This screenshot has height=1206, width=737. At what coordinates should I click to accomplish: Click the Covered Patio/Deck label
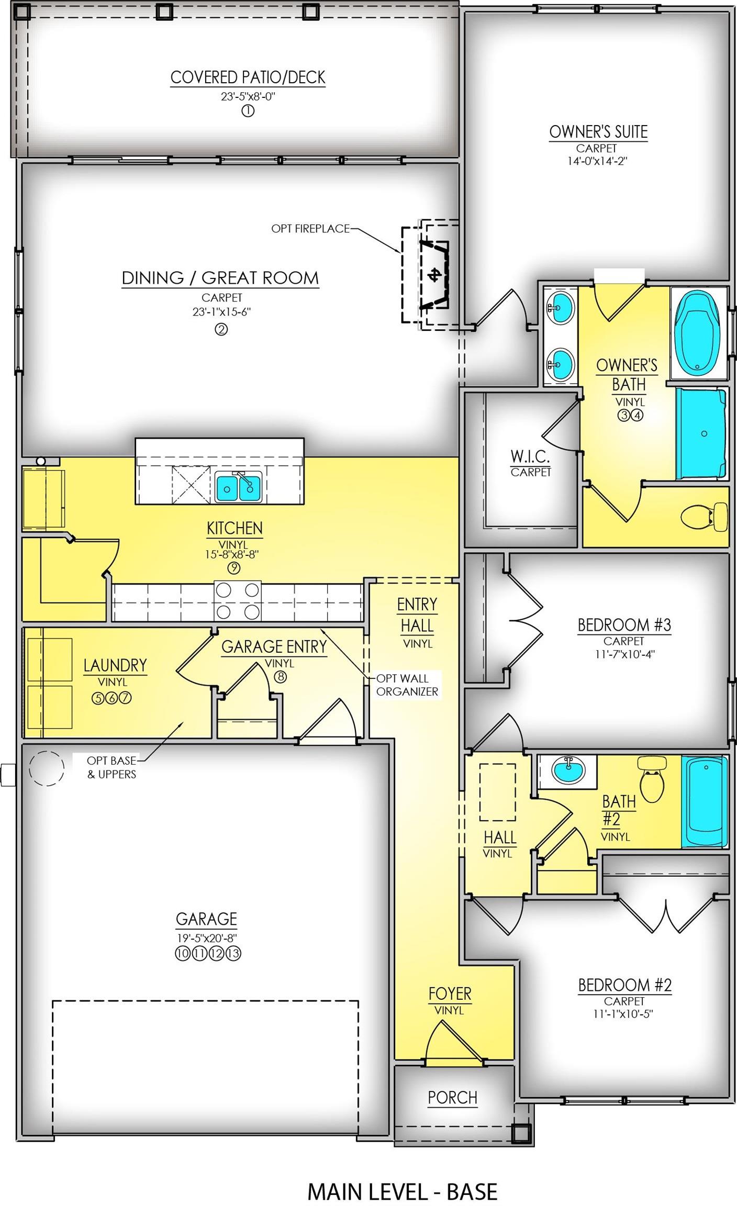(248, 77)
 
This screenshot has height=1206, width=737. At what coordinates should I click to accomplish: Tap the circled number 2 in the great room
(221, 329)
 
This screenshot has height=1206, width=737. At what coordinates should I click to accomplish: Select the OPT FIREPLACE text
(310, 229)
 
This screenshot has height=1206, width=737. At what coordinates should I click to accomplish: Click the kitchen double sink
(239, 488)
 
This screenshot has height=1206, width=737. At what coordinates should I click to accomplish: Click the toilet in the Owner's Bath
(705, 517)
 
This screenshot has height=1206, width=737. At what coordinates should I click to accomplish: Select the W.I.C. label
(530, 457)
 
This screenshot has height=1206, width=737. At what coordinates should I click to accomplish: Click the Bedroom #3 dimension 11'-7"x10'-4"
(624, 654)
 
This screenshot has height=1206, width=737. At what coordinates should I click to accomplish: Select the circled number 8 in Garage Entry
(281, 677)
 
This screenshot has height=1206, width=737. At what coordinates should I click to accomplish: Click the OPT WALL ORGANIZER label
(407, 685)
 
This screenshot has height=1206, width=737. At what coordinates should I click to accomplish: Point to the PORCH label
(452, 1097)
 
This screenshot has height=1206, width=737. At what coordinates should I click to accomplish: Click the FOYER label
(450, 993)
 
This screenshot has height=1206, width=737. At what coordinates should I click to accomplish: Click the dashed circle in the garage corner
(46, 768)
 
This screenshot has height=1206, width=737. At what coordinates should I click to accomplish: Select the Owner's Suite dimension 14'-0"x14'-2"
(597, 161)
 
